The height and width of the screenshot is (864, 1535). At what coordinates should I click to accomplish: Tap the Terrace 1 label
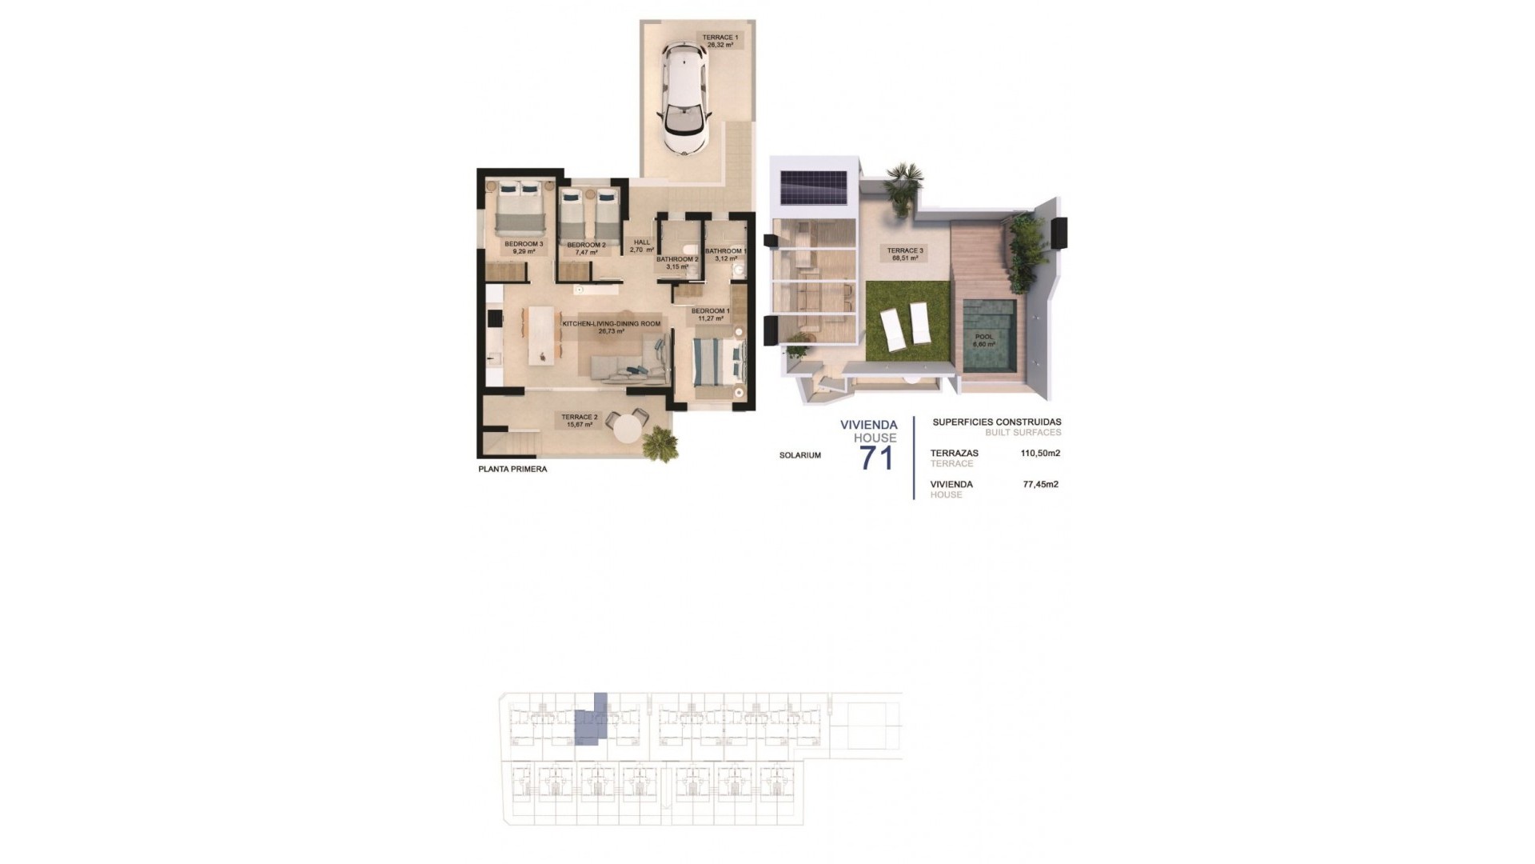(x=720, y=41)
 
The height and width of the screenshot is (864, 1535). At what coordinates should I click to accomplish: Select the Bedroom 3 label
(x=524, y=248)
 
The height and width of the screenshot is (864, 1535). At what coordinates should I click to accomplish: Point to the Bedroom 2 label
(x=586, y=248)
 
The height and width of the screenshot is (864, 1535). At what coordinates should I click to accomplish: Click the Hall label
(x=642, y=246)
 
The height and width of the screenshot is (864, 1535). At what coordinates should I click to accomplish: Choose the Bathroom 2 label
(x=677, y=262)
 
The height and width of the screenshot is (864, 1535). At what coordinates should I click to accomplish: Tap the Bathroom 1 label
(x=726, y=254)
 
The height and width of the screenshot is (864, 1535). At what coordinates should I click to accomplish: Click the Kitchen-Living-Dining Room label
(x=612, y=327)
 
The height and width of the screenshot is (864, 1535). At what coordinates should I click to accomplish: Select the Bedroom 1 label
(x=710, y=314)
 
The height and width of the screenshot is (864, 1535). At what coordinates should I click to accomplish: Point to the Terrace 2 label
(x=580, y=421)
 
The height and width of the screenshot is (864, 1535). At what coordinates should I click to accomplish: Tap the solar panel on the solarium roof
(x=814, y=187)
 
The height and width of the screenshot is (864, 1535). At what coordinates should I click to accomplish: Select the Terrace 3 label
(x=905, y=254)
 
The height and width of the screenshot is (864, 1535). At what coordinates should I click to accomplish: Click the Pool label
(x=983, y=341)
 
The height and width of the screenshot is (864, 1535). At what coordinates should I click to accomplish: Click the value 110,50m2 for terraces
(x=1040, y=453)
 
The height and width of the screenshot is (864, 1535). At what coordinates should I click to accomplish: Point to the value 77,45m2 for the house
(x=1040, y=484)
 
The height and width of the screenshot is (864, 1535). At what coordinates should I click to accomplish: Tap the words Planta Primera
(x=512, y=470)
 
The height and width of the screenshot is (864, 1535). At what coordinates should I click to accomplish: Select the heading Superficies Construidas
(x=996, y=422)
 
